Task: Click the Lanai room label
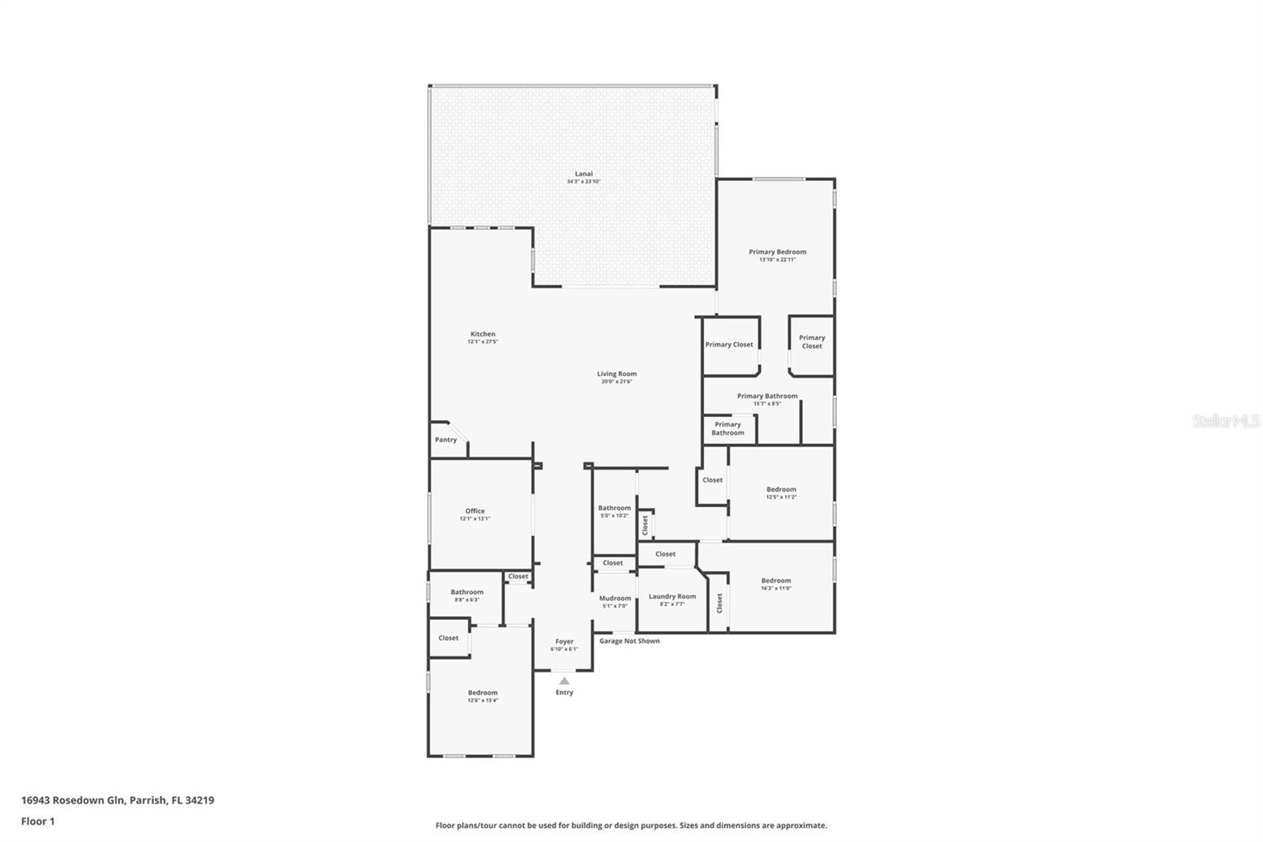coord(583,174)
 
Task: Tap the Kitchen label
coord(483,334)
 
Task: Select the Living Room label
coord(617,374)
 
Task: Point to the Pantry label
coord(446,440)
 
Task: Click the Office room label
coord(474,511)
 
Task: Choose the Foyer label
coord(564,641)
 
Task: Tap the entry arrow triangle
coord(564,680)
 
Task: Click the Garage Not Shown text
coord(629,641)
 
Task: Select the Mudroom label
coord(615,598)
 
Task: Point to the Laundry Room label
coord(673,596)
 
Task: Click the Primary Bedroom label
coord(778,252)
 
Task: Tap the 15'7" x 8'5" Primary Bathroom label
coord(767,396)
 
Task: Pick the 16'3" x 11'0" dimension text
coord(776,588)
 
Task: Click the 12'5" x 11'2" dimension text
coord(781,497)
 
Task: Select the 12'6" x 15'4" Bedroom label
coord(482,693)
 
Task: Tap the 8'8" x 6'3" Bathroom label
coord(467,592)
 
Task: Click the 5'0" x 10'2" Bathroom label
coord(614,508)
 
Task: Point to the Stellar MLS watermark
coord(1226,421)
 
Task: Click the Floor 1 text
coord(38,821)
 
